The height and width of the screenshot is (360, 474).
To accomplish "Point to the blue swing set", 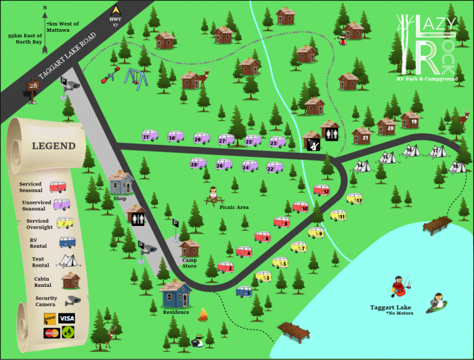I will [136, 76].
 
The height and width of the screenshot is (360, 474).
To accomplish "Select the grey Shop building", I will [121, 183].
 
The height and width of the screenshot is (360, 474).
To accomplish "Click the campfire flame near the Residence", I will [202, 315].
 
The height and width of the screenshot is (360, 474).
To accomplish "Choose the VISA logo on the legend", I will [66, 318].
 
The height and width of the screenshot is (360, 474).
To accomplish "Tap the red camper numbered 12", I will [322, 191].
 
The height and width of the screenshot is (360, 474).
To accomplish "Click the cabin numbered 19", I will [411, 121].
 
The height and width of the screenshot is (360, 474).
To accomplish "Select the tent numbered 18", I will [458, 166].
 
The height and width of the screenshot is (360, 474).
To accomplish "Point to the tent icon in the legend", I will [66, 260].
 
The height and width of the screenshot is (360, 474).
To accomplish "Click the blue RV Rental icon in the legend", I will [66, 242].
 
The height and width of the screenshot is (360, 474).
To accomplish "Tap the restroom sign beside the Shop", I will [136, 217].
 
